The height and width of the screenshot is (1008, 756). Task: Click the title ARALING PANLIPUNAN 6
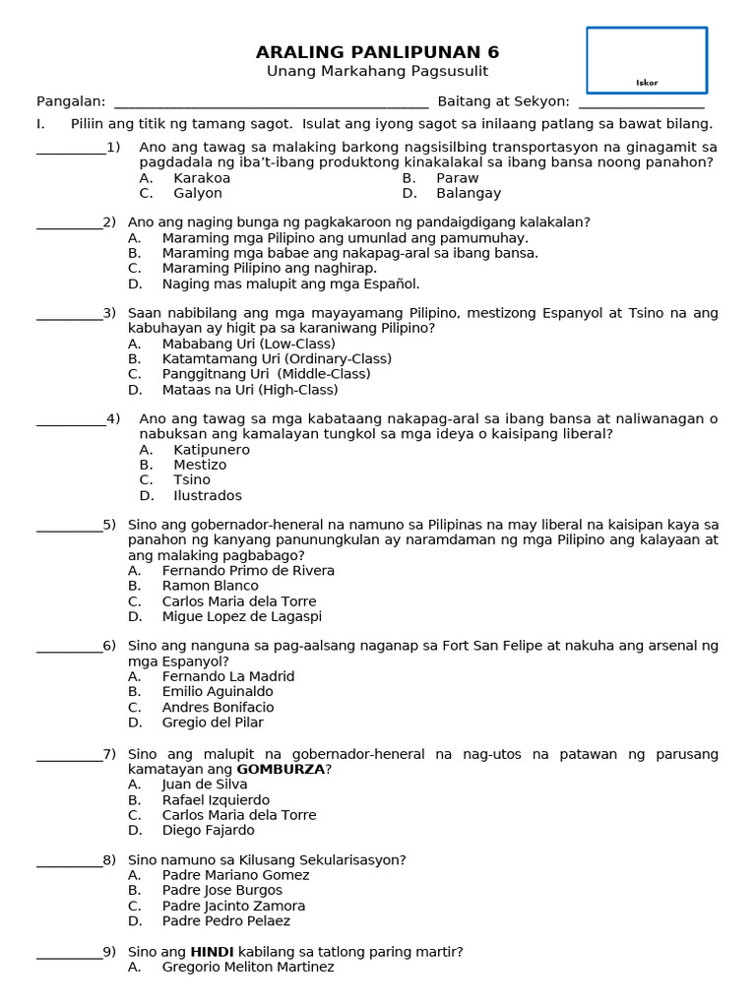click(x=378, y=52)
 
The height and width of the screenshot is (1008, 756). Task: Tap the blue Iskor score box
click(x=647, y=60)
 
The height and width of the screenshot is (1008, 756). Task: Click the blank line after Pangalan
click(x=271, y=102)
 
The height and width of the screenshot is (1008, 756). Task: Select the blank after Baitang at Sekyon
click(x=641, y=102)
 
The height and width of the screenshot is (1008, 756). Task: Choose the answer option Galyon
click(x=198, y=194)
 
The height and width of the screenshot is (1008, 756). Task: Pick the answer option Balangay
click(x=469, y=194)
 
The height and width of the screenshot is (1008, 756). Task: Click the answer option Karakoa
click(x=202, y=178)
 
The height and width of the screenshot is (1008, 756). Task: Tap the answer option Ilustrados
click(x=208, y=495)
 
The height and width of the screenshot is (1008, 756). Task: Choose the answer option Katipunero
click(x=212, y=450)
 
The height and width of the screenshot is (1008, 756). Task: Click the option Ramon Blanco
click(x=211, y=586)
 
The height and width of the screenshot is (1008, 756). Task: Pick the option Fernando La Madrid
click(x=228, y=676)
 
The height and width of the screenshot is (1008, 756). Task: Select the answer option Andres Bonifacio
click(x=219, y=707)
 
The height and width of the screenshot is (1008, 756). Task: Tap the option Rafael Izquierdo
click(x=216, y=800)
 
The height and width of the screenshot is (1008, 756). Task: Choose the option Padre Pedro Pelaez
click(x=226, y=921)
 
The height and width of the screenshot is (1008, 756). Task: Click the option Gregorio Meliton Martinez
click(x=248, y=967)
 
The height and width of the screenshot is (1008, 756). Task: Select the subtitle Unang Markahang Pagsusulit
click(x=378, y=72)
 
